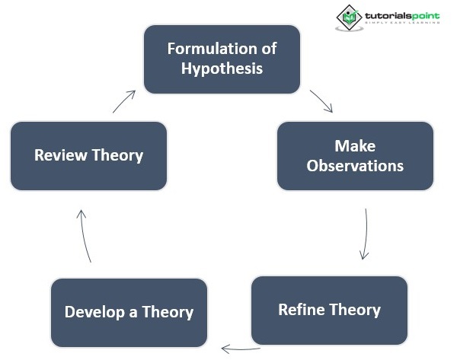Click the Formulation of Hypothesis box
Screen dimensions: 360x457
pyautogui.click(x=222, y=59)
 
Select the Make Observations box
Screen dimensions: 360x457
pyautogui.click(x=355, y=155)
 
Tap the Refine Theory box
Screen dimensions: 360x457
pyautogui.click(x=329, y=310)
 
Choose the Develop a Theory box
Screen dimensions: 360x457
pyautogui.click(x=129, y=312)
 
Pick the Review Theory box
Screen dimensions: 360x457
pyautogui.click(x=88, y=155)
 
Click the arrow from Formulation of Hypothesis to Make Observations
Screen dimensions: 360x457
pyautogui.click(x=321, y=101)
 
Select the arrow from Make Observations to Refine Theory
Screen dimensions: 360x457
pyautogui.click(x=366, y=234)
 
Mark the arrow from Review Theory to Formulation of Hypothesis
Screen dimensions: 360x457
pyautogui.click(x=124, y=101)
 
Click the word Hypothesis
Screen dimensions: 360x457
pyautogui.click(x=222, y=68)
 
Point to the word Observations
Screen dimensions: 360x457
pyautogui.click(x=355, y=165)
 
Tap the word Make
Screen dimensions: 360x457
pyautogui.click(x=355, y=145)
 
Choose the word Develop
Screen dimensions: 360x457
pyautogui.click(x=91, y=312)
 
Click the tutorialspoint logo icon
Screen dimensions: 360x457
pyautogui.click(x=349, y=17)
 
